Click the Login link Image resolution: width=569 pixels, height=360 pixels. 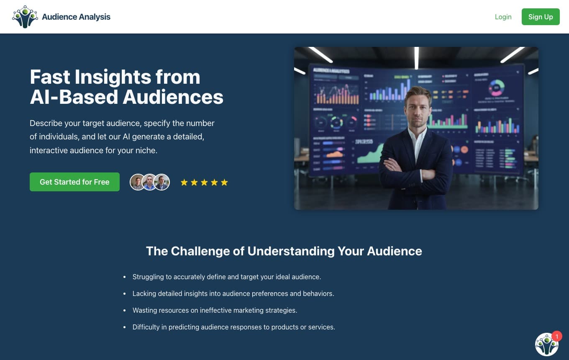503,17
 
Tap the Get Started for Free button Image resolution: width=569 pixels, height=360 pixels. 74,182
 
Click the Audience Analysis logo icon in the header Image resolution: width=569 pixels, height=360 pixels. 25,17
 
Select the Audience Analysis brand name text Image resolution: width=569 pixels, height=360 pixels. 76,17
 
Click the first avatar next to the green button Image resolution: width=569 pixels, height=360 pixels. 137,182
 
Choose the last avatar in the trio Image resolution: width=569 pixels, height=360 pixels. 162,182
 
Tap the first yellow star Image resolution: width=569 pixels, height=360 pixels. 184,182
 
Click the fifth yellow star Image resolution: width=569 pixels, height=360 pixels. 224,182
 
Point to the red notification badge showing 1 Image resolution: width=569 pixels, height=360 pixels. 556,337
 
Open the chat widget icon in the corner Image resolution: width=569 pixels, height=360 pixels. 546,345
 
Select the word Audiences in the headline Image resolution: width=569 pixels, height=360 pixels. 173,97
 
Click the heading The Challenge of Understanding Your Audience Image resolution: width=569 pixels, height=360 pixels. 284,251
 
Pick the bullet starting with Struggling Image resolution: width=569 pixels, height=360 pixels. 226,277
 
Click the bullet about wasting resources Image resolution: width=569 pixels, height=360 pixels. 215,310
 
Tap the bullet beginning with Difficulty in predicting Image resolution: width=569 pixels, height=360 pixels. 233,327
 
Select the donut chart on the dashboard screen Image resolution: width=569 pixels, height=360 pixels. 497,88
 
